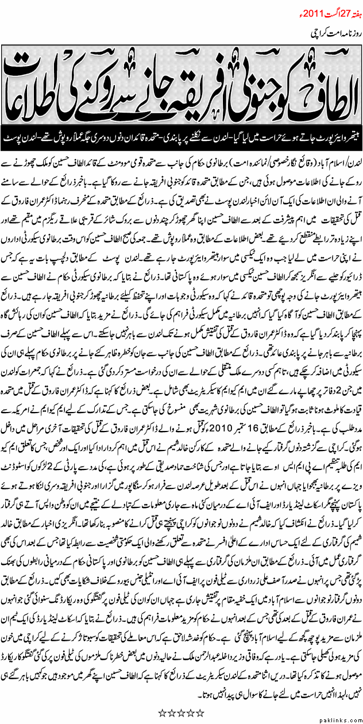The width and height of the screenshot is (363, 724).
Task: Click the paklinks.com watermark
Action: click(342, 718)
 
